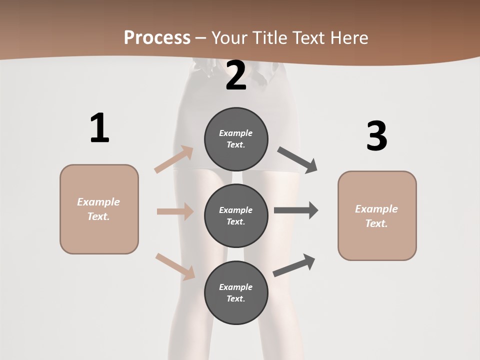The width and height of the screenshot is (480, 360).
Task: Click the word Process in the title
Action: [157, 38]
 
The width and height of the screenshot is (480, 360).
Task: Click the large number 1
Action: [99, 128]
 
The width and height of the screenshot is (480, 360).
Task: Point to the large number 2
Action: [236, 75]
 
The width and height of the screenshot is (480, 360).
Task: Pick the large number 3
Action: [376, 136]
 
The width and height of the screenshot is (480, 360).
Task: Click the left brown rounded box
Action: [99, 209]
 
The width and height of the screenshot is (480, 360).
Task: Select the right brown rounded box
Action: [377, 215]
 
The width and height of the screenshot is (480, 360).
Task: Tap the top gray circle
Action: [236, 139]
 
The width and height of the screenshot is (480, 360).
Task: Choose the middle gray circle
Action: [236, 215]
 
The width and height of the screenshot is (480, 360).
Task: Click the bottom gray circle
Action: [236, 292]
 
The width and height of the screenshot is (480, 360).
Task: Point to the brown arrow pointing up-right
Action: [174, 159]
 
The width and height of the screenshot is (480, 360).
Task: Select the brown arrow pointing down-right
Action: [175, 266]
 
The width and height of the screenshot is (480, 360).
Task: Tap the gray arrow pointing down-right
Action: [297, 160]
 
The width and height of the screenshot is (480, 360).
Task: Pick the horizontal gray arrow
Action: [296, 210]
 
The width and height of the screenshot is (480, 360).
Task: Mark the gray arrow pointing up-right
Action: [294, 265]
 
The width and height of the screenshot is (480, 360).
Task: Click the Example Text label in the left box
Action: [98, 209]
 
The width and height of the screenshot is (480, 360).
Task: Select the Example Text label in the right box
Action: [376, 216]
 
